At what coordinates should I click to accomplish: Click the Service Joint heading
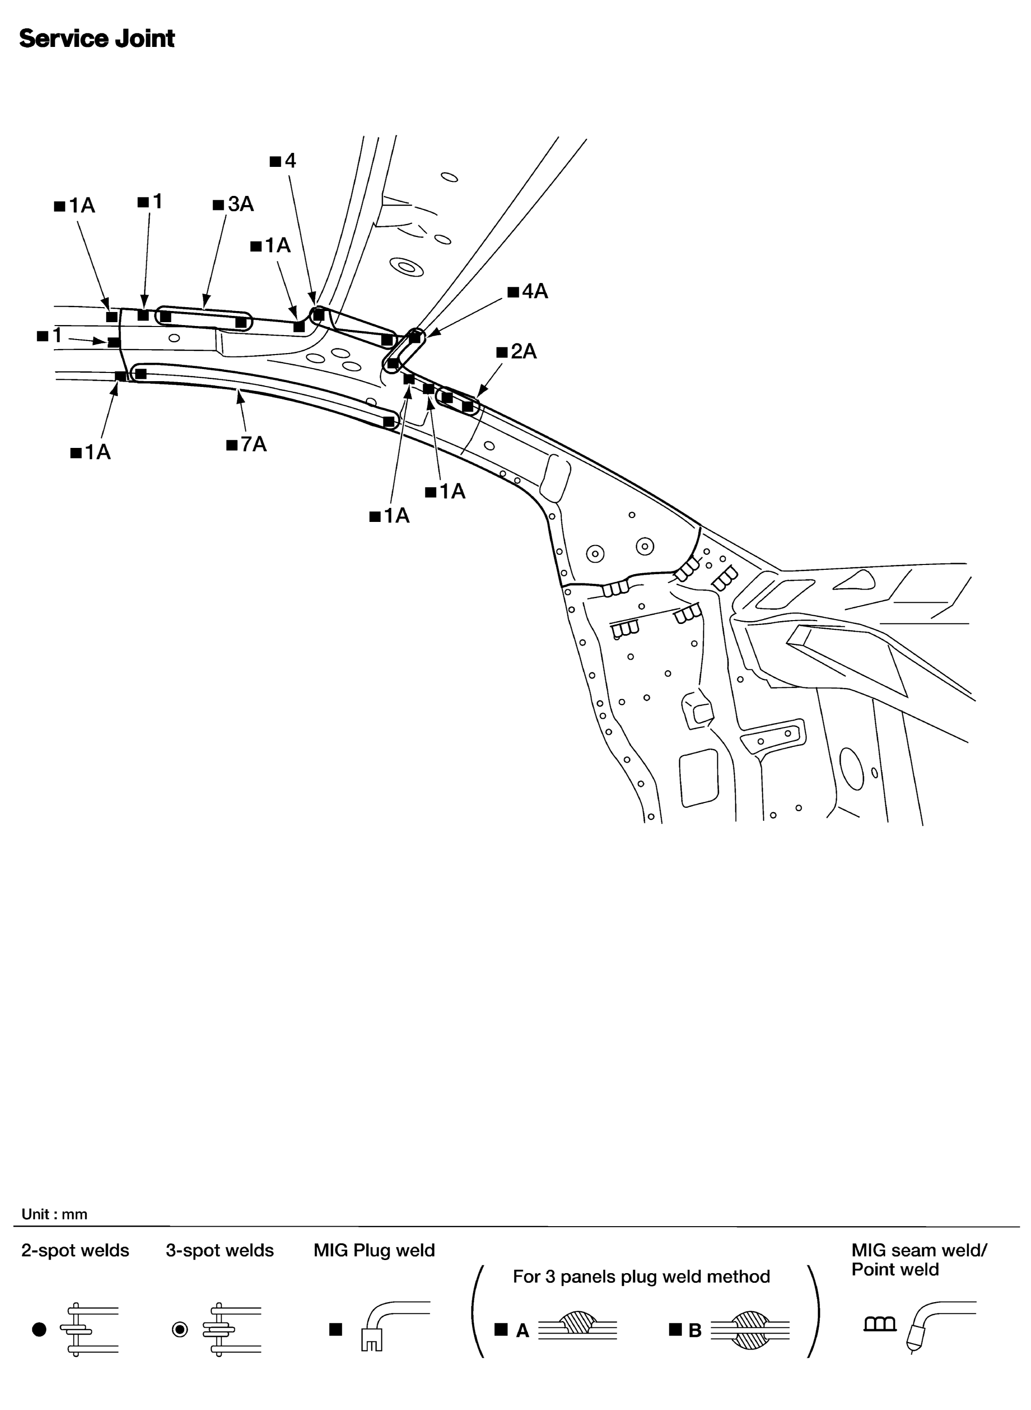(97, 39)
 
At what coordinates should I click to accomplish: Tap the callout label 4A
(528, 291)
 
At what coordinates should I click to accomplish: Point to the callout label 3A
(233, 204)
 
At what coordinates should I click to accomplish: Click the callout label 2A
(517, 352)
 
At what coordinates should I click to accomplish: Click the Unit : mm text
(54, 1214)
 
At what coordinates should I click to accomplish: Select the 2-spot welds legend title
(75, 1250)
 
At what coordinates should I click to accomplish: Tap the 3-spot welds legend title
(220, 1250)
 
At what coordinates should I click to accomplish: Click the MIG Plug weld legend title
(374, 1250)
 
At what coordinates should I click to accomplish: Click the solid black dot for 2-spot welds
(39, 1330)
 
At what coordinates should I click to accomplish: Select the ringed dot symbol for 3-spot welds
(180, 1330)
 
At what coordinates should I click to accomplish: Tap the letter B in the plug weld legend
(695, 1331)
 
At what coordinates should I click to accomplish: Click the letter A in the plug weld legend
(522, 1331)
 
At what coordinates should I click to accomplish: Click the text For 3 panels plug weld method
(641, 1276)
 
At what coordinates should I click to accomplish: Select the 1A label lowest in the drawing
(390, 516)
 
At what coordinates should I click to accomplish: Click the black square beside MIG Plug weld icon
(336, 1330)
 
